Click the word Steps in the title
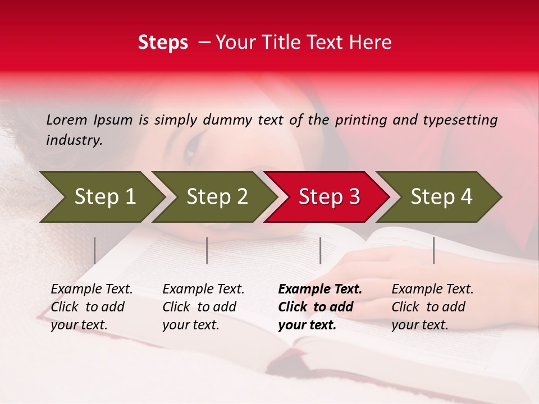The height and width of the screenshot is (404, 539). coord(163,43)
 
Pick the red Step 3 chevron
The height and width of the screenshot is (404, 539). coord(329,196)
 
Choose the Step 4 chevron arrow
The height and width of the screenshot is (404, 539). coord(441,196)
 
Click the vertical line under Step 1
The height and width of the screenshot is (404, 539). coord(95,250)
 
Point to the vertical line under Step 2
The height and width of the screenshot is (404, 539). coord(207,250)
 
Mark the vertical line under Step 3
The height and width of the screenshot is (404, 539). coord(320,250)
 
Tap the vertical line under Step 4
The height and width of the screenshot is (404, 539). coord(433,250)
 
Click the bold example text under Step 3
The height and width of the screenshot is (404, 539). coord(320,307)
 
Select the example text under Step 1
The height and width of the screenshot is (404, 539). coord(92,307)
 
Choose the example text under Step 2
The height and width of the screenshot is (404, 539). coord(203,307)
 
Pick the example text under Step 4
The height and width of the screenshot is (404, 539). coord(432,307)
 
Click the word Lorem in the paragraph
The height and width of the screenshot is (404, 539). coord(67,120)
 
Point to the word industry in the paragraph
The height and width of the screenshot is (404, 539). coord(74,140)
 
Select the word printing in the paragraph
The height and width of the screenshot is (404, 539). coord(358,120)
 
